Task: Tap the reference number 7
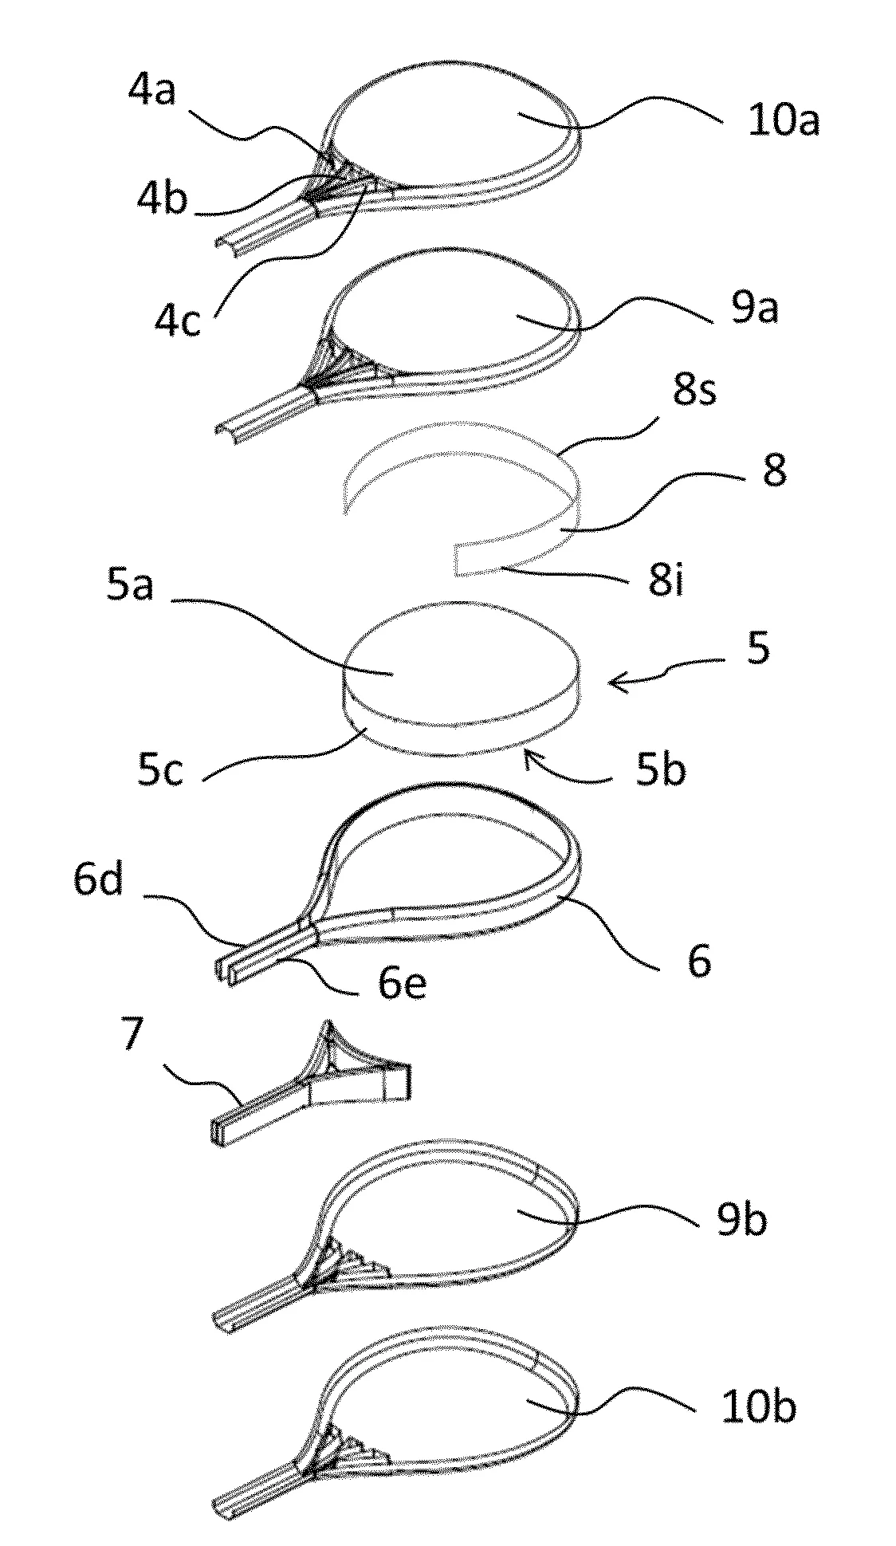tap(132, 1033)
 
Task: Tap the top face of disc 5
tap(458, 663)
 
